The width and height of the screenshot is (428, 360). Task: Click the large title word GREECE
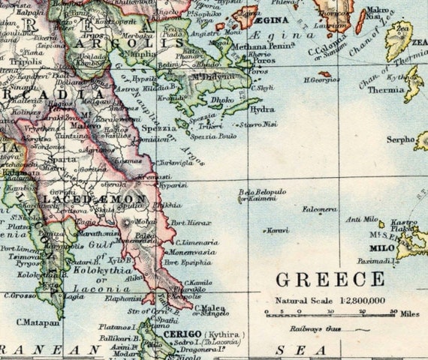point(330,280)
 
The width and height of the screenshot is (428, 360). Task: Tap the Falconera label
point(318,209)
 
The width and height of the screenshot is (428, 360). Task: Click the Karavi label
point(277,230)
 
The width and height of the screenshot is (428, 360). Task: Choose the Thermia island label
point(386,89)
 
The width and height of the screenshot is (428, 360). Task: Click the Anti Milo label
point(359,219)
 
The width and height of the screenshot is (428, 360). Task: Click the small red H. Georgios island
point(325,73)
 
